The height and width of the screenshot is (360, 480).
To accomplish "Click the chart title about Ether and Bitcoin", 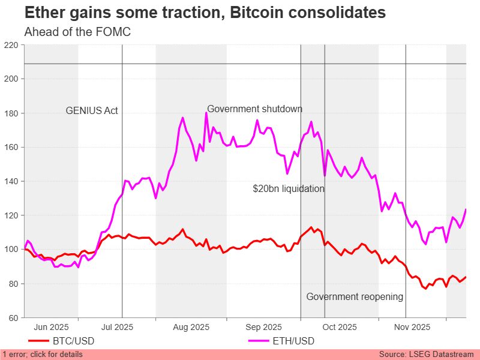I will [205, 13].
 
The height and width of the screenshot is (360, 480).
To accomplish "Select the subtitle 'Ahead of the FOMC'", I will [77, 32].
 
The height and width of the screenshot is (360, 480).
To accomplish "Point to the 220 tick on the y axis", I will [12, 45].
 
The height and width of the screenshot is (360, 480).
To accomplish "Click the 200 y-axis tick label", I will [12, 79].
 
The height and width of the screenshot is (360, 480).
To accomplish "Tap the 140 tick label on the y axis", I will [12, 181].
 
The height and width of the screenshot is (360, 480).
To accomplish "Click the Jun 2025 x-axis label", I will [51, 328].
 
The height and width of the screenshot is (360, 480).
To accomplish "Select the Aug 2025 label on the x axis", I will [191, 328].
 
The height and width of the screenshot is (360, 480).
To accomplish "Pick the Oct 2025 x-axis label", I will [339, 328].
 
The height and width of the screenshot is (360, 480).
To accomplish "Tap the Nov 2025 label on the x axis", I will [412, 328].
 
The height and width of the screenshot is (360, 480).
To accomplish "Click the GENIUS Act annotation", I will [92, 111].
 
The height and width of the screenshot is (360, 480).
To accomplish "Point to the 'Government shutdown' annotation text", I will [254, 109].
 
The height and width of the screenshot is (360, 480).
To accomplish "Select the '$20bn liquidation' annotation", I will [289, 189].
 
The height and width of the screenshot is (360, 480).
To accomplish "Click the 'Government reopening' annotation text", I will [355, 297].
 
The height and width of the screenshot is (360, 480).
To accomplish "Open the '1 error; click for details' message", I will [43, 355].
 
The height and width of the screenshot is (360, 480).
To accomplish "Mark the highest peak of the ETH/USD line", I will [206, 113].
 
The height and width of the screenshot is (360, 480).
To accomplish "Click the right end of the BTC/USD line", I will [466, 277].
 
